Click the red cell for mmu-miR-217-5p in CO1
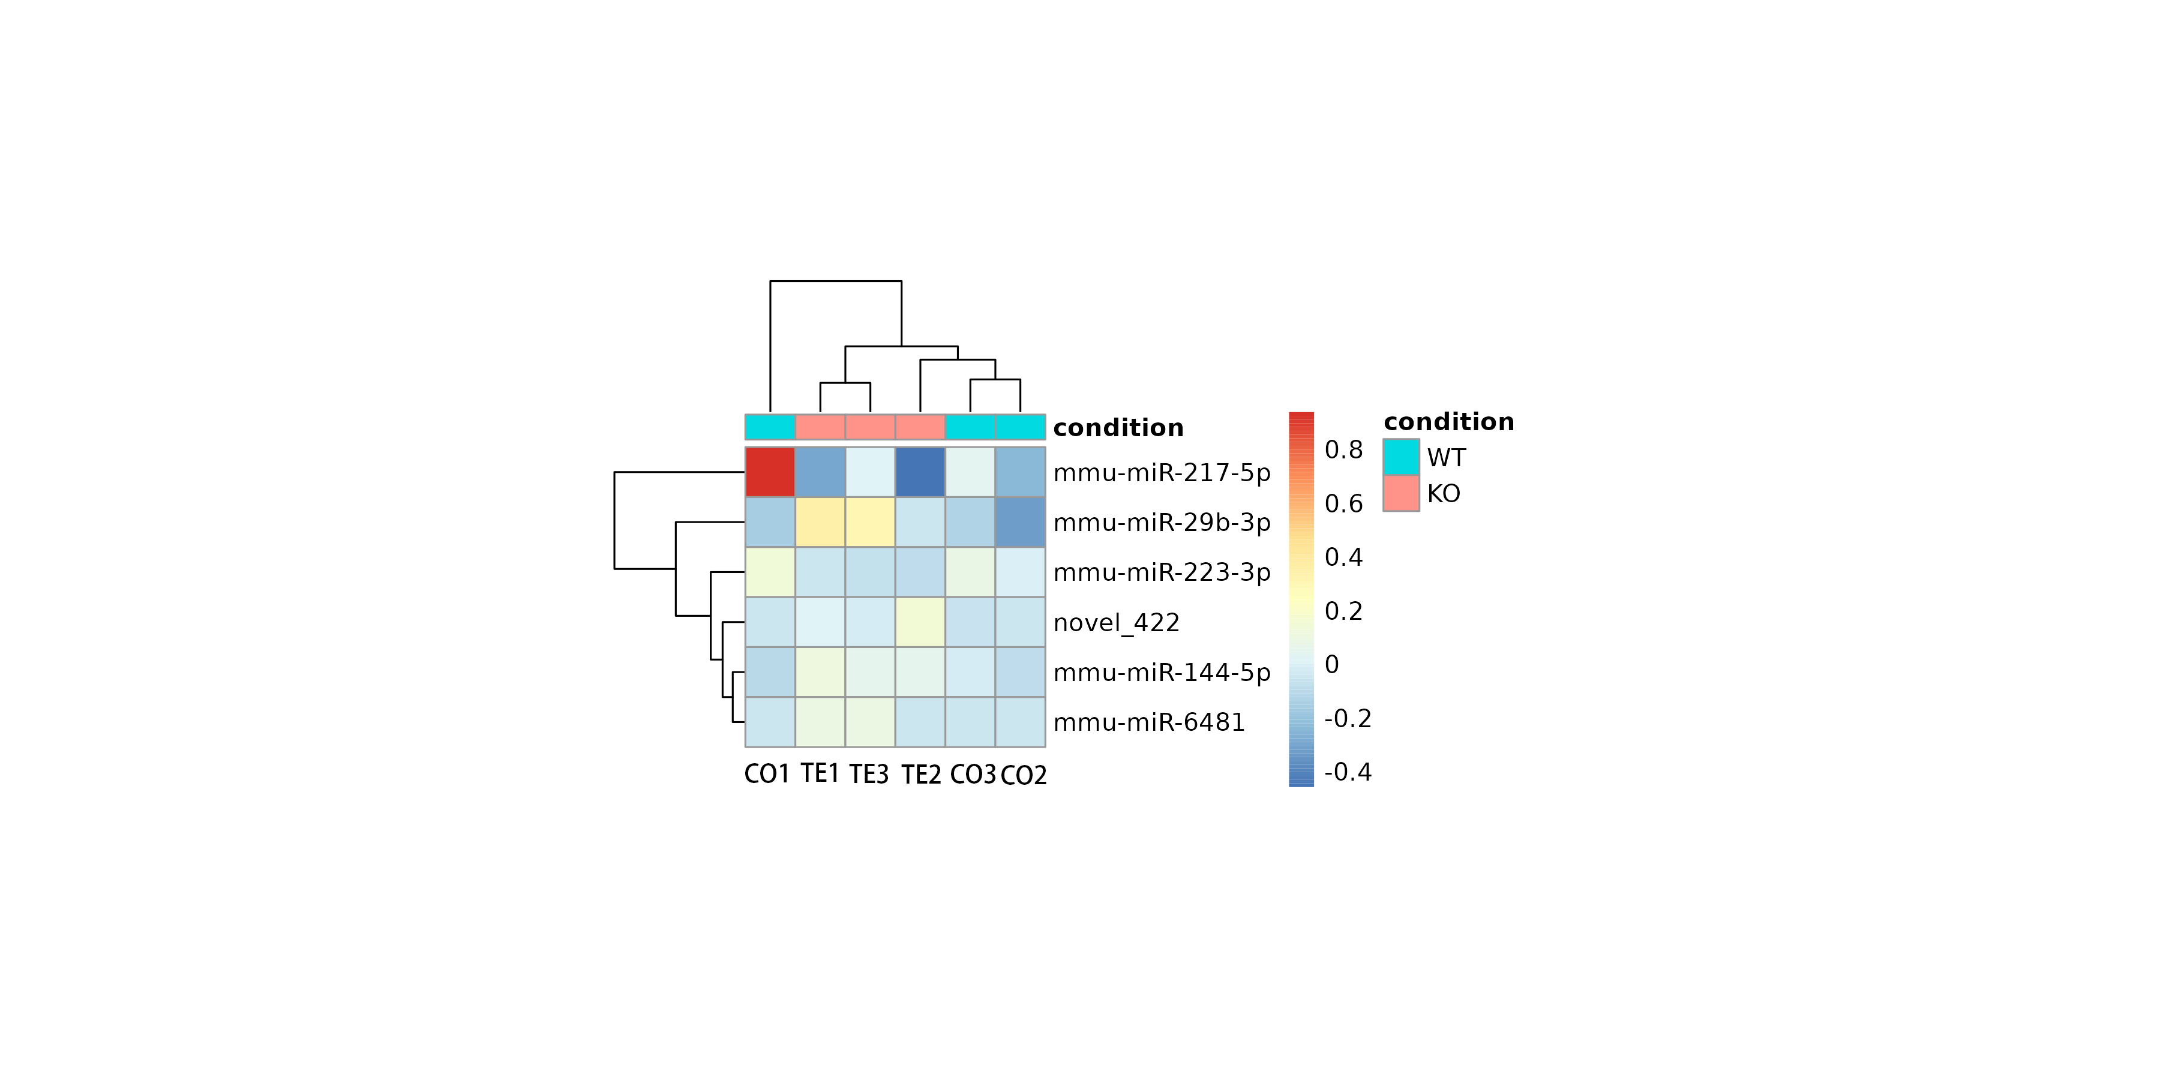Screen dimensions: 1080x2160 [770, 472]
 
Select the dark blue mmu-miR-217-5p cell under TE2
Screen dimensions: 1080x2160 [920, 472]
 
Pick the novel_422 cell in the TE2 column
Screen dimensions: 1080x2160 [920, 622]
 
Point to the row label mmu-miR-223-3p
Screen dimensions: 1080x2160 [1162, 573]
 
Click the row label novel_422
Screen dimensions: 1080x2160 [1116, 623]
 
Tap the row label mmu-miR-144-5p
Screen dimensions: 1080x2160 [1162, 673]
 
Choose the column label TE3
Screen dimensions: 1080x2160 [869, 774]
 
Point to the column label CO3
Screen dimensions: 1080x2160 [973, 774]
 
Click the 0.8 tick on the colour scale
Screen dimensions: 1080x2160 [1343, 450]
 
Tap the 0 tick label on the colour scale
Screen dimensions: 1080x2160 [1331, 665]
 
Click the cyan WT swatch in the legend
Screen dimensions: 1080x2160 [1401, 457]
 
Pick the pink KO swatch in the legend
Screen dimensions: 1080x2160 [1401, 493]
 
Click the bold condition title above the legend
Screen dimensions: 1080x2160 [1448, 422]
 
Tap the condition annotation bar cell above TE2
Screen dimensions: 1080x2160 [920, 427]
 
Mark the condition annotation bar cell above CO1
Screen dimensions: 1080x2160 [770, 427]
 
